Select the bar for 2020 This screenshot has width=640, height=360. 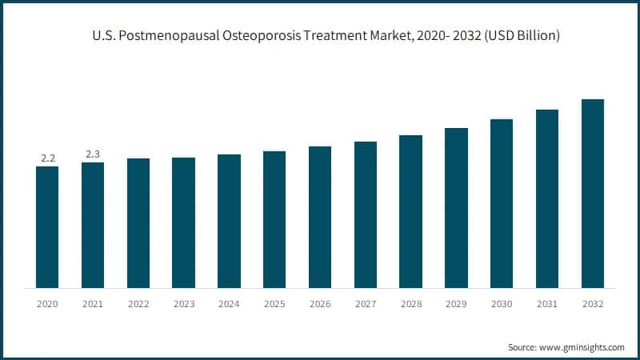coord(47,227)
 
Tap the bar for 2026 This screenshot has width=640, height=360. coord(320,217)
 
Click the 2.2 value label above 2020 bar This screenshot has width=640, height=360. coord(47,158)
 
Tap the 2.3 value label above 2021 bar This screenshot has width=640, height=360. coord(93,154)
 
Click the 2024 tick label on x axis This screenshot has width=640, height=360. coord(229,304)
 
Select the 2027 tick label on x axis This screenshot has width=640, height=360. coord(366,304)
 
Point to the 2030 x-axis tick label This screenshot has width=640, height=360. coord(502,304)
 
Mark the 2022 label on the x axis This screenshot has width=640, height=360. coord(138,304)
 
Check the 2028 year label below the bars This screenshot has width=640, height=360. coord(410,304)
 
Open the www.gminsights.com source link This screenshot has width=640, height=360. coord(582,347)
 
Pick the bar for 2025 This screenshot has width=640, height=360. coord(274,219)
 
